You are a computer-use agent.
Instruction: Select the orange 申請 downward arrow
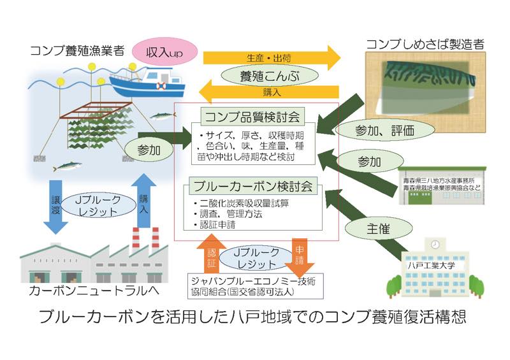[x=298, y=254]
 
